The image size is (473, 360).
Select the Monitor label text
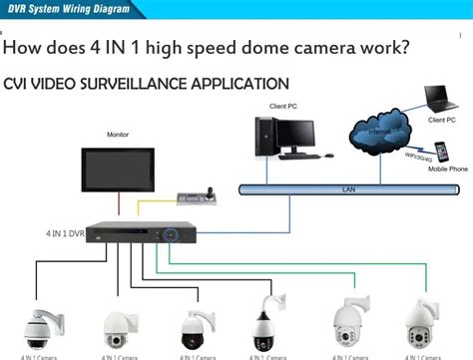(x=118, y=134)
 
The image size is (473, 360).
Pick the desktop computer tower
(x=266, y=138)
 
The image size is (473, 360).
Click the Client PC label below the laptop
(x=443, y=121)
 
